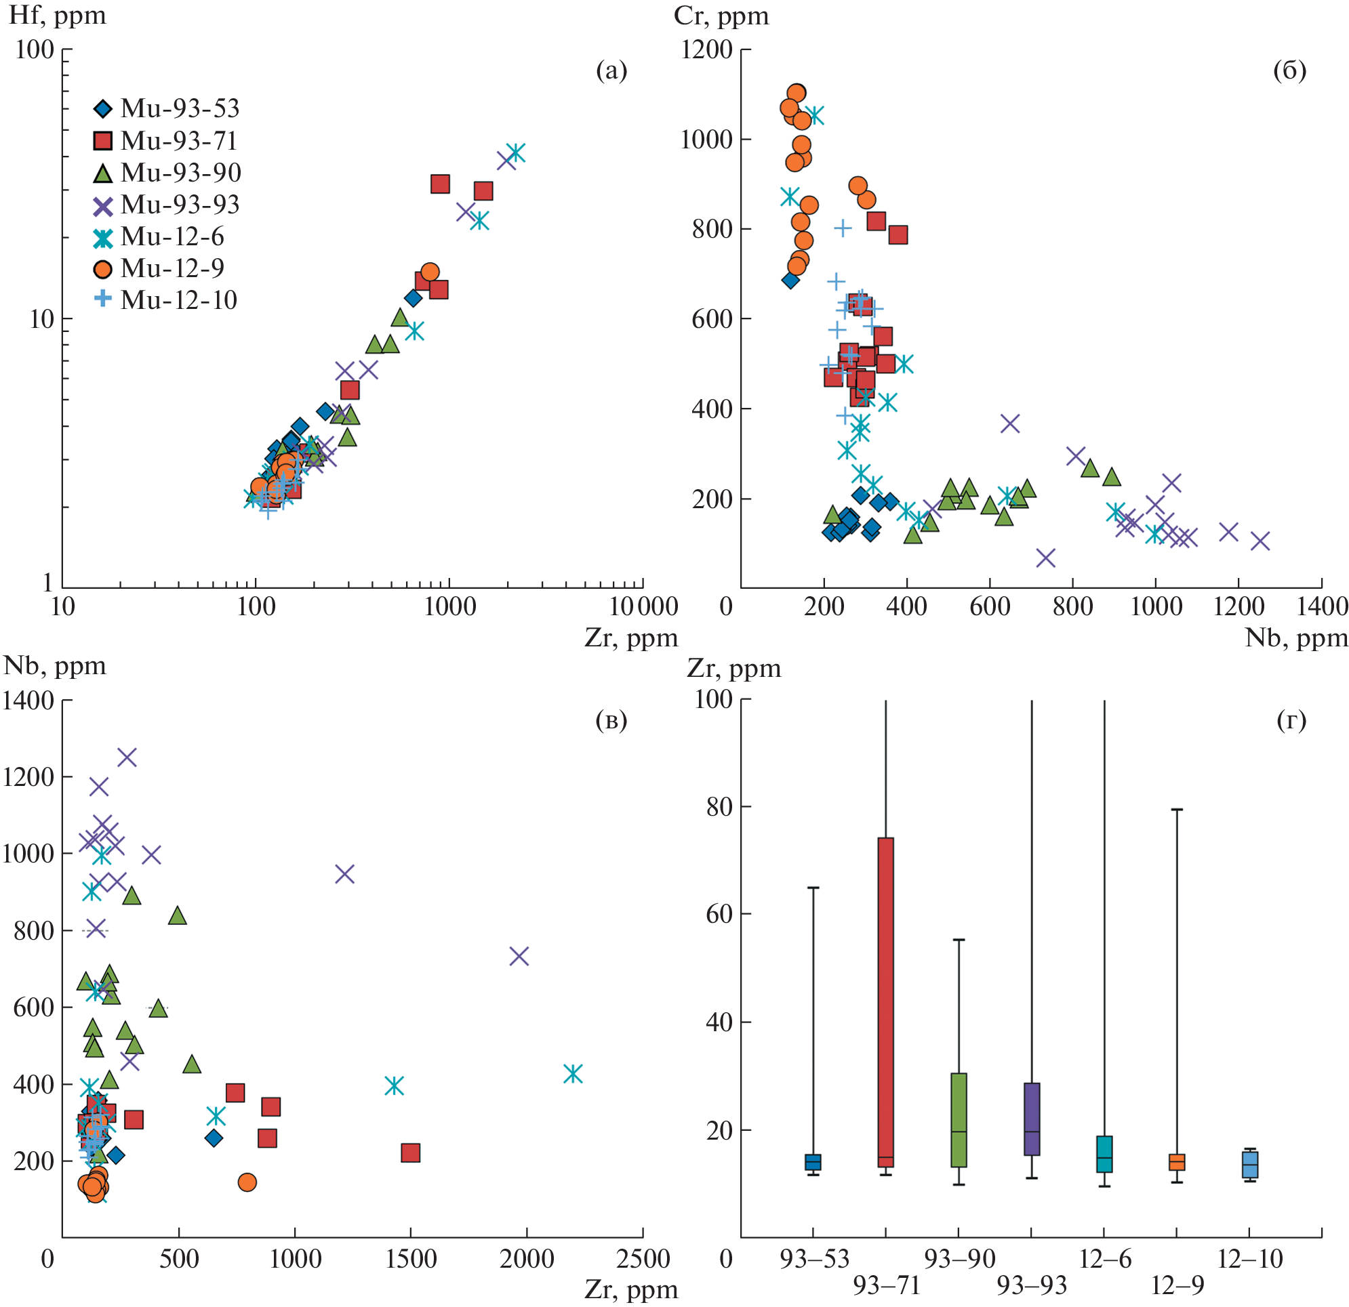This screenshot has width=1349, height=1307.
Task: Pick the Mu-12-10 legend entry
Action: pyautogui.click(x=166, y=301)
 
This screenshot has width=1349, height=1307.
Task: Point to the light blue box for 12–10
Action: pyautogui.click(x=1250, y=1165)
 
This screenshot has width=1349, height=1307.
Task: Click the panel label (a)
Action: pyautogui.click(x=611, y=71)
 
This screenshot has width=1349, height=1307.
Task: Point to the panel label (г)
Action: pyautogui.click(x=1291, y=720)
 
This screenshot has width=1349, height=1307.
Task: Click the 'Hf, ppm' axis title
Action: pyautogui.click(x=58, y=15)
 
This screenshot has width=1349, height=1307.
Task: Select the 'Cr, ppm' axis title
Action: pyautogui.click(x=721, y=15)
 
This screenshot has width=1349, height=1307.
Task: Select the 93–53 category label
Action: pyautogui.click(x=814, y=1259)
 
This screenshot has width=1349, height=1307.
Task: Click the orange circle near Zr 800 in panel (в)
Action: pyautogui.click(x=247, y=1182)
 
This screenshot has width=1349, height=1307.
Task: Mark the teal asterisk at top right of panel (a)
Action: pyautogui.click(x=515, y=152)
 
